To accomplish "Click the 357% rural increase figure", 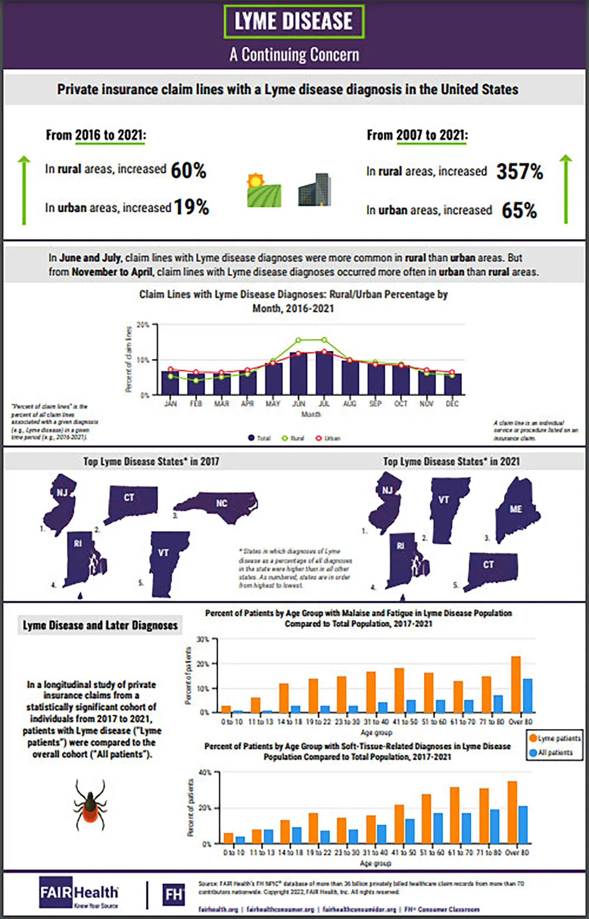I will pyautogui.click(x=519, y=171).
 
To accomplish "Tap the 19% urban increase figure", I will pyautogui.click(x=191, y=207).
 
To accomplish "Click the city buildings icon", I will pyautogui.click(x=314, y=190).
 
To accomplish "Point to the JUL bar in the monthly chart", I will pyautogui.click(x=324, y=373).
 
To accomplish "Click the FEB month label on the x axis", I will pyautogui.click(x=196, y=404).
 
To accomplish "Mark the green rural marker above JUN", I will pyautogui.click(x=298, y=340).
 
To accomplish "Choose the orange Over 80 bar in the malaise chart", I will pyautogui.click(x=516, y=684).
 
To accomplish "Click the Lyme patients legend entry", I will pyautogui.click(x=554, y=739).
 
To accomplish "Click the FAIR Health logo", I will pyautogui.click(x=79, y=892).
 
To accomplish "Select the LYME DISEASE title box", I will pyautogui.click(x=294, y=21).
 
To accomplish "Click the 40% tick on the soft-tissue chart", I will pyautogui.click(x=205, y=772).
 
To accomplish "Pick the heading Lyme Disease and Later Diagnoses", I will pyautogui.click(x=100, y=625).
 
